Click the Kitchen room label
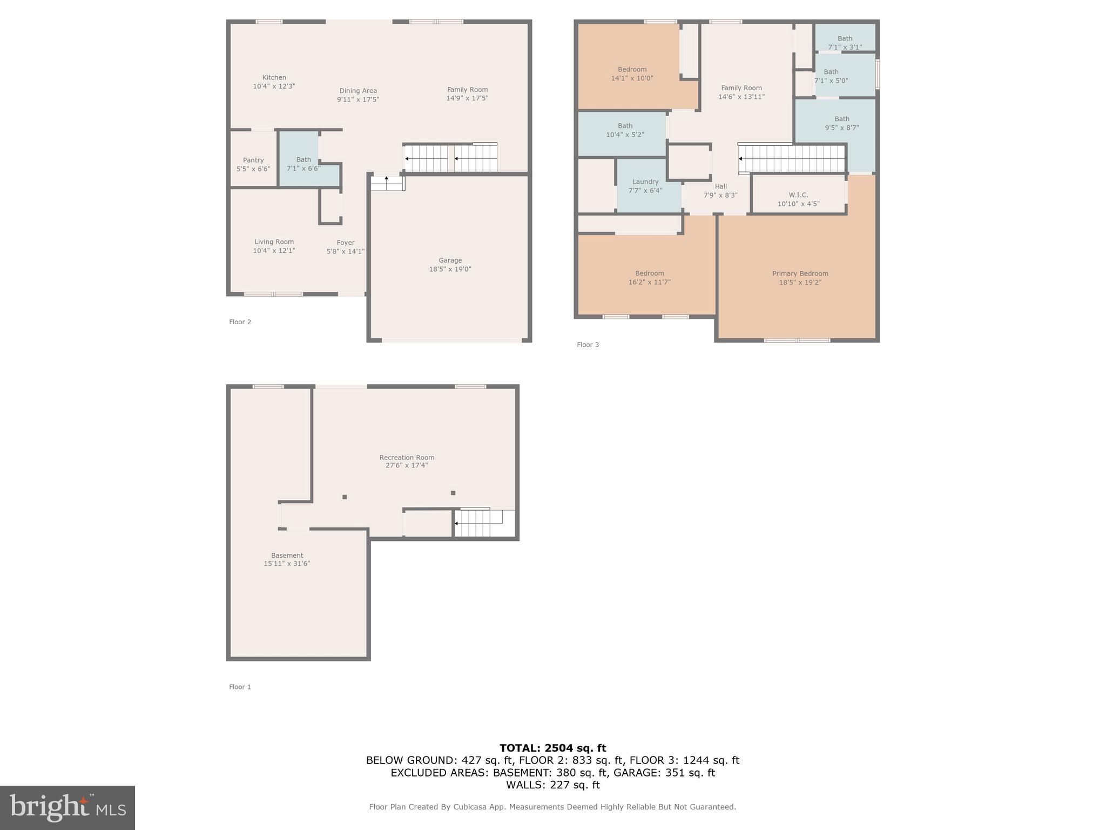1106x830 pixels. pyautogui.click(x=274, y=77)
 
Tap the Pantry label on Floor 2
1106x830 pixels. pyautogui.click(x=253, y=160)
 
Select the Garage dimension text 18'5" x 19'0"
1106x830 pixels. pyautogui.click(x=450, y=269)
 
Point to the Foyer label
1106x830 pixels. pyautogui.click(x=345, y=243)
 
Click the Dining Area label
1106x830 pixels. pyautogui.click(x=358, y=91)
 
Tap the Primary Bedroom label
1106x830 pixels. pyautogui.click(x=800, y=273)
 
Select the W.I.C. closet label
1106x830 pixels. pyautogui.click(x=798, y=195)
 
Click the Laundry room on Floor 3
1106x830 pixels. pyautogui.click(x=645, y=185)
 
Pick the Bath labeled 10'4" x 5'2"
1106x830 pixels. pyautogui.click(x=625, y=130)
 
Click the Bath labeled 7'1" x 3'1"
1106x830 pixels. pyautogui.click(x=845, y=42)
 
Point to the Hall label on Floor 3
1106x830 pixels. pyautogui.click(x=720, y=186)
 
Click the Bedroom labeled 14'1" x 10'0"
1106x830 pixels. pyautogui.click(x=632, y=73)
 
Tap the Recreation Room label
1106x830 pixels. pyautogui.click(x=407, y=457)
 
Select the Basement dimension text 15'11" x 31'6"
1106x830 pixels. pyautogui.click(x=287, y=564)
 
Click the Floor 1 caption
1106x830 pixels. pyautogui.click(x=240, y=687)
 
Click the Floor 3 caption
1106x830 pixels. pyautogui.click(x=588, y=345)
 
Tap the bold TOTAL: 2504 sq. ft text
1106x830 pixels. pyautogui.click(x=552, y=748)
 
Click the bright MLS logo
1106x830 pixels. pyautogui.click(x=68, y=807)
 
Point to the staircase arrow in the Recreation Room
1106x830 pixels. pyautogui.click(x=457, y=523)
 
